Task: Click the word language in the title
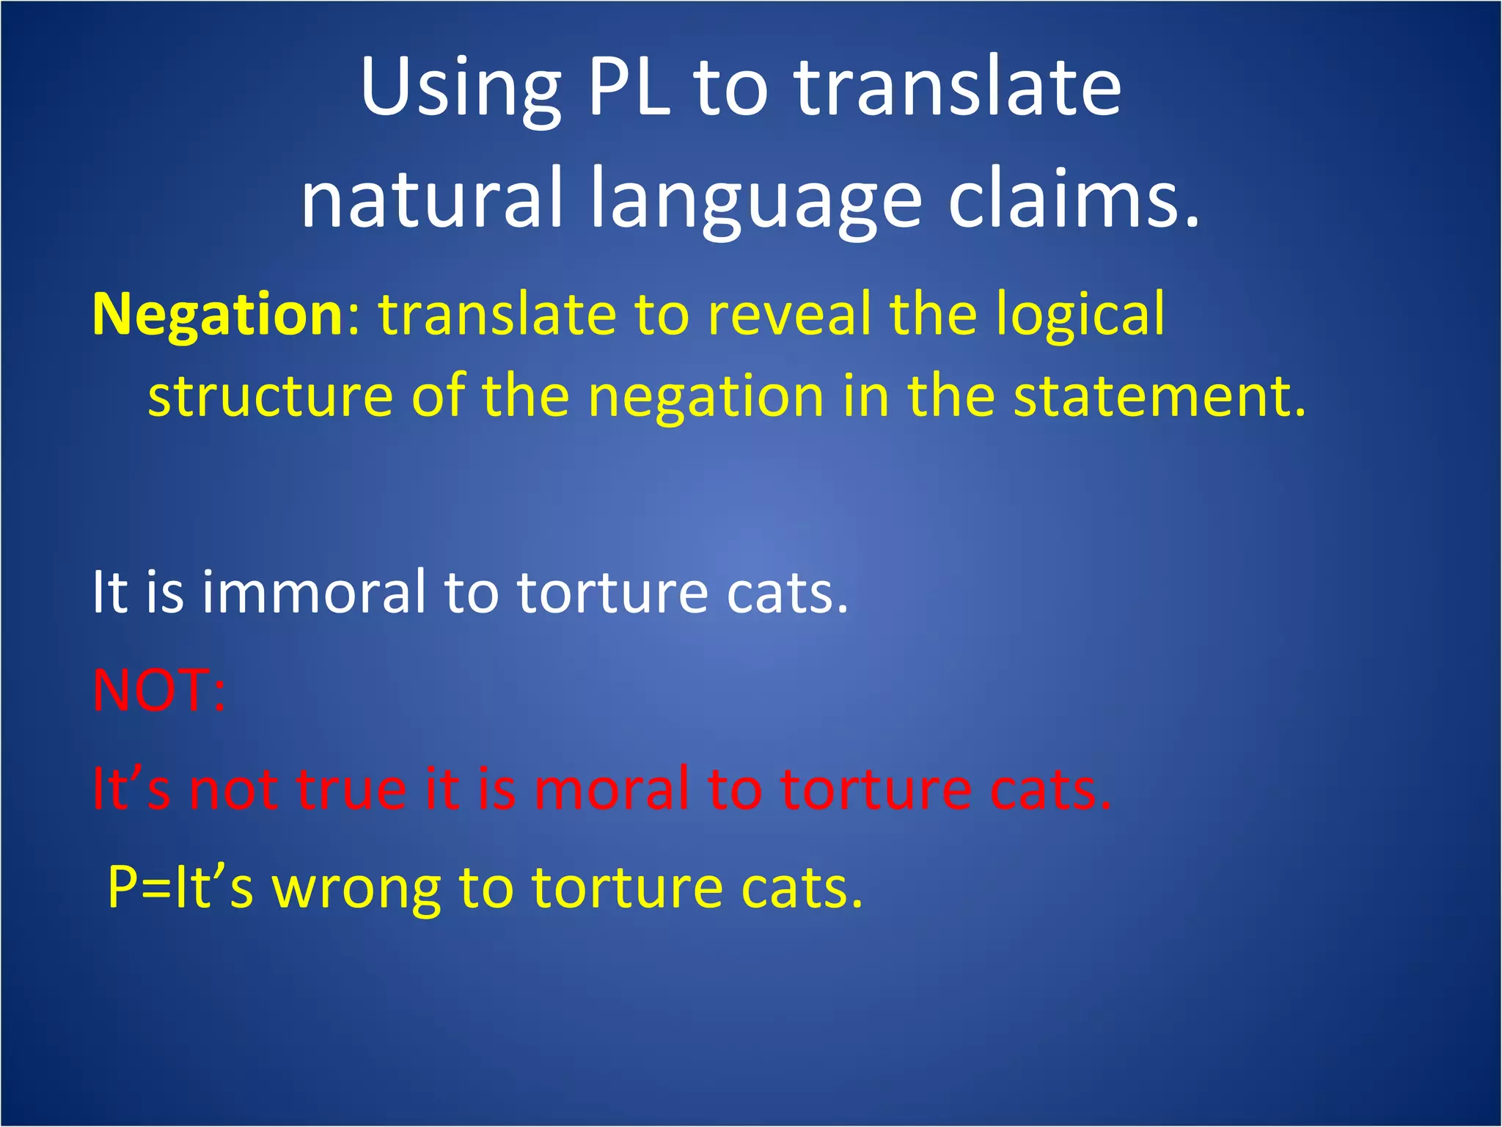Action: [755, 202]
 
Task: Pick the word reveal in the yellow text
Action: [788, 314]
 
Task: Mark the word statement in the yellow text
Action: [1159, 395]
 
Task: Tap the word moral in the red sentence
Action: [612, 789]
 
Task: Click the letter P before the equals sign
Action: [122, 887]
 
